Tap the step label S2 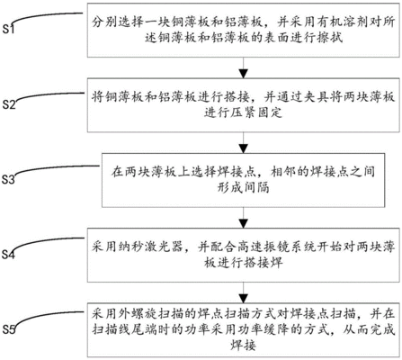[x=10, y=106]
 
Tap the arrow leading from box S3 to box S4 [x=238, y=216]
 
